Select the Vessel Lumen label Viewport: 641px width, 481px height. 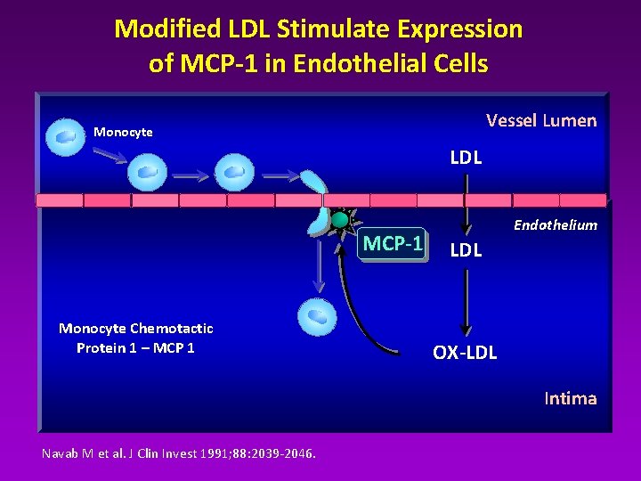(x=541, y=120)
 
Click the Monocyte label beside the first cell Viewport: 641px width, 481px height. (x=123, y=132)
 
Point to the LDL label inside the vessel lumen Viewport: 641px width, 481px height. (x=466, y=159)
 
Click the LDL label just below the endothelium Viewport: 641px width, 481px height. (x=466, y=250)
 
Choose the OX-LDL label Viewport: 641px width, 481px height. (x=465, y=353)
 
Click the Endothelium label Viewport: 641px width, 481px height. (x=556, y=225)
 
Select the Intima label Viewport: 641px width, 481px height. (x=570, y=398)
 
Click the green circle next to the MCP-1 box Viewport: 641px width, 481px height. (x=339, y=219)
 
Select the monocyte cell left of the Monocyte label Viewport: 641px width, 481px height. (x=66, y=136)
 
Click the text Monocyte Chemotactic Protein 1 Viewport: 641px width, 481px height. (x=135, y=338)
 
